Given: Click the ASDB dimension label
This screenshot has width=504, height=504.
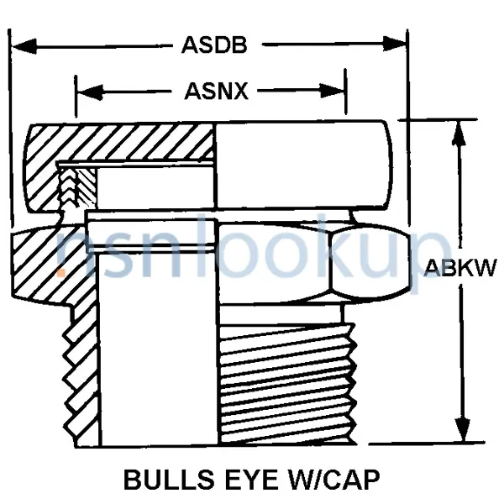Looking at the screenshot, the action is click(x=214, y=45).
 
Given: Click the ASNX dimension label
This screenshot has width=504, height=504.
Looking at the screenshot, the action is click(x=217, y=92).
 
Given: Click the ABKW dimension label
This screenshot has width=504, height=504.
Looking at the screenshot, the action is click(x=460, y=268).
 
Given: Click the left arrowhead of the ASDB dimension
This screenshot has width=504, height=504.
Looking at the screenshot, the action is click(x=24, y=46).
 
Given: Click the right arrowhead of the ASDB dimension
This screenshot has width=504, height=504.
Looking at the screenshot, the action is click(x=395, y=44).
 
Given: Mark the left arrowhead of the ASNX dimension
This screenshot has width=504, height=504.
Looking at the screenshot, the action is click(x=91, y=92).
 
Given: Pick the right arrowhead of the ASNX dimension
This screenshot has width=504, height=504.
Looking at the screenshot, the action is click(x=333, y=92).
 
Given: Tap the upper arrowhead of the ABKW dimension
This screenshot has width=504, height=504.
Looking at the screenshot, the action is click(x=459, y=134).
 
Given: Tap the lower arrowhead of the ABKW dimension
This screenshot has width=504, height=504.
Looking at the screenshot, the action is click(x=463, y=429).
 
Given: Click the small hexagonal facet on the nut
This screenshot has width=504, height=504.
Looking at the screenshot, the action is click(x=370, y=260).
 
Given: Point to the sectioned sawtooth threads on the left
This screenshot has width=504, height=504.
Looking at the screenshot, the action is click(x=81, y=376).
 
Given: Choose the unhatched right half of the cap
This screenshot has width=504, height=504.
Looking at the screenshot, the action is click(x=303, y=165).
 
